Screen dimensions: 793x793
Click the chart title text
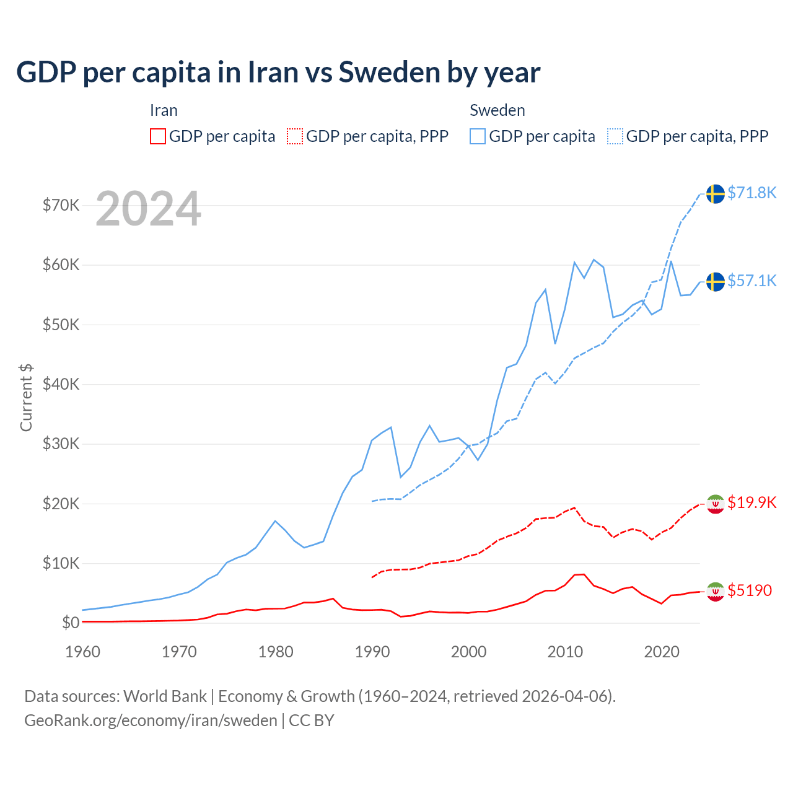[278, 72]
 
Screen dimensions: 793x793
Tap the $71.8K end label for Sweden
[751, 193]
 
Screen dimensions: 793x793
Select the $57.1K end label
[751, 281]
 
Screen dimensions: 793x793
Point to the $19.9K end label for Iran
[751, 502]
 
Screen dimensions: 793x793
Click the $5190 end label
[750, 590]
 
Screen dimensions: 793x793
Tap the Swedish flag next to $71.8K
[716, 193]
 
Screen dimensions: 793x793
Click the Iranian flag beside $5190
[716, 592]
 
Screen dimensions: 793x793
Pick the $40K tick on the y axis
[61, 384]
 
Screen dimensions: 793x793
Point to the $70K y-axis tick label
[61, 205]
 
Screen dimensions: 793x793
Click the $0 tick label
[71, 623]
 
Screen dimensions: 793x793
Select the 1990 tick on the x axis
[372, 652]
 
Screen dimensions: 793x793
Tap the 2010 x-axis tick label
[565, 652]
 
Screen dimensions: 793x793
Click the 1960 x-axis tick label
[83, 652]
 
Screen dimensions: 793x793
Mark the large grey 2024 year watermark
[148, 209]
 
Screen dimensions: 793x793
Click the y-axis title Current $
[26, 398]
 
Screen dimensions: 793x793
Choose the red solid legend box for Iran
[158, 136]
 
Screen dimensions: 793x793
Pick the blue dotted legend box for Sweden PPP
[615, 136]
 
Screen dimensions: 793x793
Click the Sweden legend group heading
[497, 110]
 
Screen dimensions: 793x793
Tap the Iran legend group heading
[164, 110]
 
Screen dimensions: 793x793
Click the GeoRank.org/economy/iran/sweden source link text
[151, 721]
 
